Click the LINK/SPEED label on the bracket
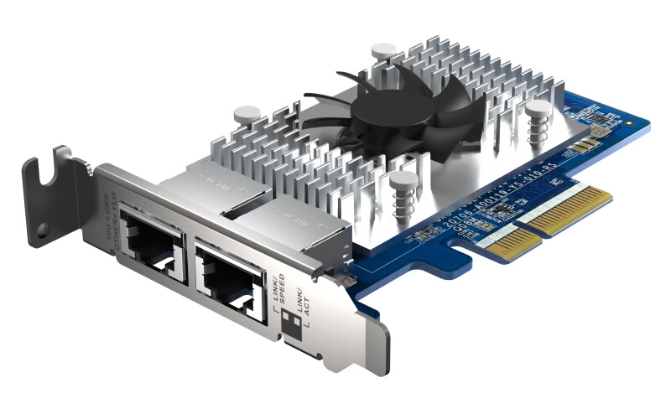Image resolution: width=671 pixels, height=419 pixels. point(280,288)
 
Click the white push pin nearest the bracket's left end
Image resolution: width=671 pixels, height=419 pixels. point(247,116)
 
